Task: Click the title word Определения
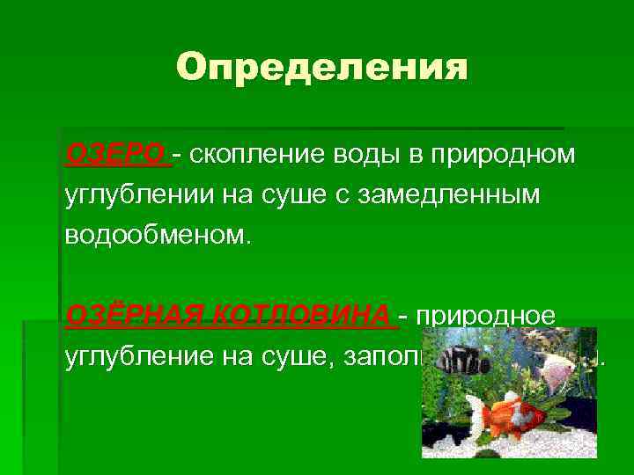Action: pos(321,67)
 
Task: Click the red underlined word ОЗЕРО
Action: pos(115,155)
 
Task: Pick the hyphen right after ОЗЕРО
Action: pos(179,156)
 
